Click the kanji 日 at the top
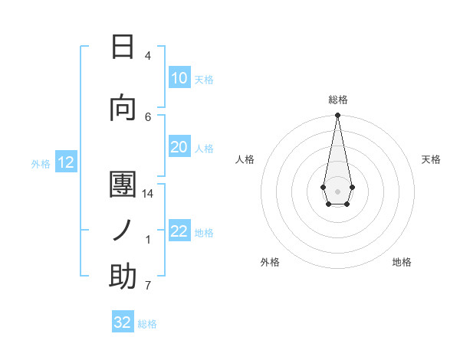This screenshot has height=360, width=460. click(123, 47)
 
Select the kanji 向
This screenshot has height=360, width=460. click(123, 108)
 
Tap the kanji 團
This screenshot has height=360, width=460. click(123, 184)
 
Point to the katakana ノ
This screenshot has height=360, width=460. click(123, 230)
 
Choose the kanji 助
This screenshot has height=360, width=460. click(123, 277)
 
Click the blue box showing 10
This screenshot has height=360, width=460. click(179, 78)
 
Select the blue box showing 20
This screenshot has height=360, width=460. click(179, 148)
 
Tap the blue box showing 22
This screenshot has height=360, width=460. click(179, 231)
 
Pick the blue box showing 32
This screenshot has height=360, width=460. click(123, 322)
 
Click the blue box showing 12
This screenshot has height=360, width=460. click(65, 162)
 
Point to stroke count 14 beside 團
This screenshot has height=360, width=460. click(148, 193)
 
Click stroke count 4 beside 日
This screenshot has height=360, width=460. click(148, 56)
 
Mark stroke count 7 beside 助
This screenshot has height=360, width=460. click(148, 286)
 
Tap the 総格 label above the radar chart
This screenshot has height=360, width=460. click(337, 100)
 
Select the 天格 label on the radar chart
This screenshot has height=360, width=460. click(431, 159)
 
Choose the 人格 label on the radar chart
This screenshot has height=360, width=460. click(245, 159)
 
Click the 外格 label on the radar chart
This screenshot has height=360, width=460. click(270, 262)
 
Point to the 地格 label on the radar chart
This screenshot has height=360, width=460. click(402, 262)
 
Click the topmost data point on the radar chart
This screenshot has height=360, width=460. click(337, 116)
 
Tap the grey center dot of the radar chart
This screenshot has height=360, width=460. click(337, 190)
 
